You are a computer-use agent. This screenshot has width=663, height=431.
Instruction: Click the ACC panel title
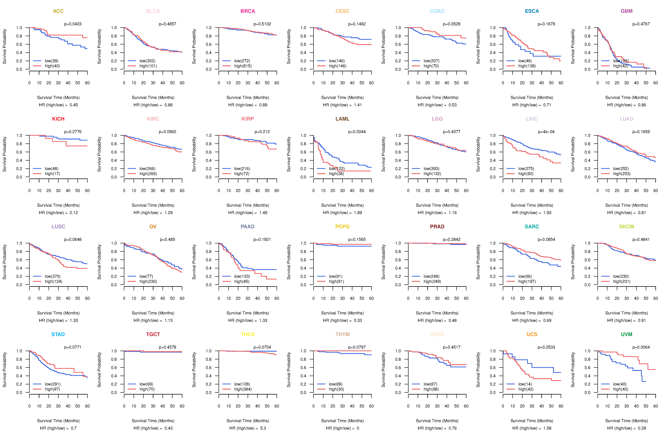pyautogui.click(x=58, y=11)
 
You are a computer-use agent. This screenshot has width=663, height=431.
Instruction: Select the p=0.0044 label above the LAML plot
pyautogui.click(x=357, y=132)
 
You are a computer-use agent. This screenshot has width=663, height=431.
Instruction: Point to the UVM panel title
pyautogui.click(x=627, y=334)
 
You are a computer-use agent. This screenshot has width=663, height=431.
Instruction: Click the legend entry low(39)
pyautogui.click(x=51, y=61)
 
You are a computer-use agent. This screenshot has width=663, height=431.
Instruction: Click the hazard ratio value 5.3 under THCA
pyautogui.click(x=263, y=428)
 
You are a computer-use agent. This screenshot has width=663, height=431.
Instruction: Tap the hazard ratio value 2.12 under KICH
pyautogui.click(x=74, y=213)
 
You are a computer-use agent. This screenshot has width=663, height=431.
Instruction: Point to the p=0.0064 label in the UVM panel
pyautogui.click(x=641, y=347)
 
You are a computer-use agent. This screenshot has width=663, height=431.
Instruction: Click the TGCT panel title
pyautogui.click(x=153, y=334)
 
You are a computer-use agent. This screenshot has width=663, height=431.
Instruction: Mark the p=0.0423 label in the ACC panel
pyautogui.click(x=73, y=24)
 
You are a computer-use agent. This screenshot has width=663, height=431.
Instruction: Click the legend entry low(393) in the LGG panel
pyautogui.click(x=431, y=169)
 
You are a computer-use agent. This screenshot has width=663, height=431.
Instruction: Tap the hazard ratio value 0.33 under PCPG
pyautogui.click(x=358, y=320)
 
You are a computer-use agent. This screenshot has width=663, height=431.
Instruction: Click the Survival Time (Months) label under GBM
pyautogui.click(x=627, y=97)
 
